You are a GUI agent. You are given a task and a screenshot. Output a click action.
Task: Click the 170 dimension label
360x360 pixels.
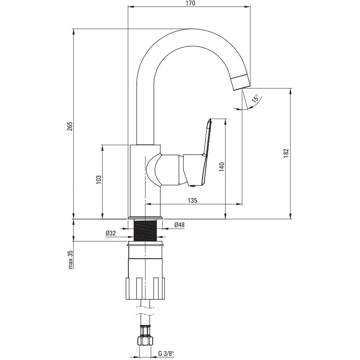click(x=190, y=3)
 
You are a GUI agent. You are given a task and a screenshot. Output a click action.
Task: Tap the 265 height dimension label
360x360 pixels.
click(x=70, y=126)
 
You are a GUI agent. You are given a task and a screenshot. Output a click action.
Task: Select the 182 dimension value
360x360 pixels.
click(x=286, y=153)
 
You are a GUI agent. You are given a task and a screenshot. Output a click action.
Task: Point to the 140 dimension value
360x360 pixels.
click(x=221, y=167)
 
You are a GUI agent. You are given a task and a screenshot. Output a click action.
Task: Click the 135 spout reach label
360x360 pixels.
click(x=193, y=201)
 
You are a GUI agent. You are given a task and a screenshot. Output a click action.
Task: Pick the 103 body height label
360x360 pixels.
click(x=98, y=180)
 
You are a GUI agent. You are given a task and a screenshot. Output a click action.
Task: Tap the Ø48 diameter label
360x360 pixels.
click(x=179, y=224)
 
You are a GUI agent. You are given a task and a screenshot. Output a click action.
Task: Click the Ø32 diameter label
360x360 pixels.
click(x=111, y=233)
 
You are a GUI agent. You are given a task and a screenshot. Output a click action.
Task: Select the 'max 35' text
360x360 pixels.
click(x=70, y=259)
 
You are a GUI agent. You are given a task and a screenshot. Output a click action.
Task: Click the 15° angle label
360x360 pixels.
click(x=255, y=98)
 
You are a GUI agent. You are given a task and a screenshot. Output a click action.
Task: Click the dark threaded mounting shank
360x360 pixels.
click(x=145, y=230)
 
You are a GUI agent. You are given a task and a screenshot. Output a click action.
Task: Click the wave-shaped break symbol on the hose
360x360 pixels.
click(x=145, y=310)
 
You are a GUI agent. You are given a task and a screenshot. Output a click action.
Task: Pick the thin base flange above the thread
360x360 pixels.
click(x=145, y=218)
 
